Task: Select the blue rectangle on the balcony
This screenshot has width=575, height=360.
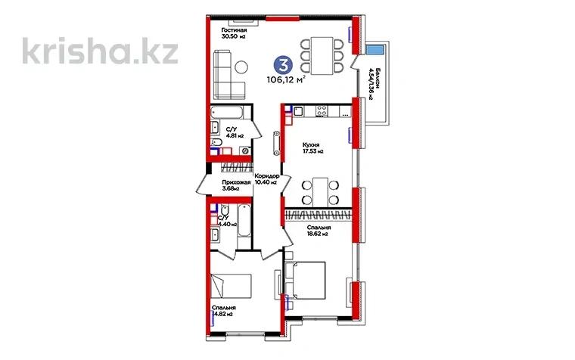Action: pos(374,50)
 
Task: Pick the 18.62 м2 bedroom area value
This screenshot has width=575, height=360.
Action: pos(317,233)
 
